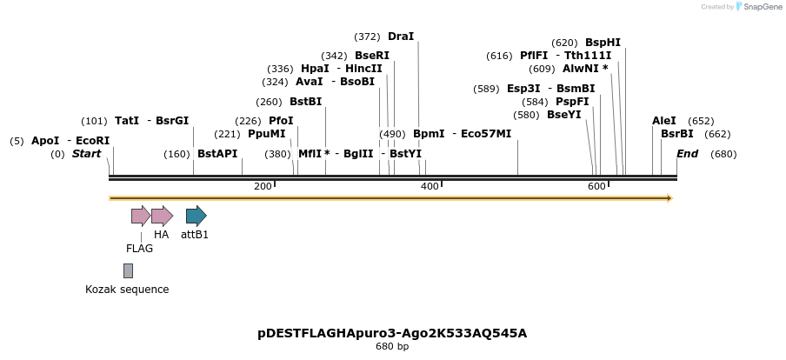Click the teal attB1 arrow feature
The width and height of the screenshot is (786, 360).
tap(196, 216)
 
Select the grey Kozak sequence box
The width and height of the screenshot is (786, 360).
tap(128, 270)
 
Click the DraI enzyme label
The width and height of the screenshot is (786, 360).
tap(401, 37)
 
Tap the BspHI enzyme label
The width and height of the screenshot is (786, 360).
tap(603, 43)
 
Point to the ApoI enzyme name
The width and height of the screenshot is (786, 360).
tap(45, 141)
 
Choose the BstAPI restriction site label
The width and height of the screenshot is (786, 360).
tap(217, 154)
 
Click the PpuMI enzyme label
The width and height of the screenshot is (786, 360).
tap(266, 135)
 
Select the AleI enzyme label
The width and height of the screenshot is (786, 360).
tap(664, 122)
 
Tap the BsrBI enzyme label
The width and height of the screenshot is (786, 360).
tap(677, 135)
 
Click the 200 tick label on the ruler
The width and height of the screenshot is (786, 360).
tap(263, 187)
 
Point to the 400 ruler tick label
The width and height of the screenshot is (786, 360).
tap(430, 187)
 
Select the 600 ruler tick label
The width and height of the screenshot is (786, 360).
tap(596, 187)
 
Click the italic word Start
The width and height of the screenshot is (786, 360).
tap(87, 154)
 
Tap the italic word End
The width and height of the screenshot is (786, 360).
tap(688, 154)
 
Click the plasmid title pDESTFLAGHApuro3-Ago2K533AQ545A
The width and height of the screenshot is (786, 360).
tap(392, 333)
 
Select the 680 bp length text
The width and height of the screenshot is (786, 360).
tap(392, 347)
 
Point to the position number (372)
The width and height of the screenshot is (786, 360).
tap(367, 37)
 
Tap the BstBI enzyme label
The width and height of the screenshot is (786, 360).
tap(306, 102)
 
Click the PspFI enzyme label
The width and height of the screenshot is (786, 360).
tap(572, 102)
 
